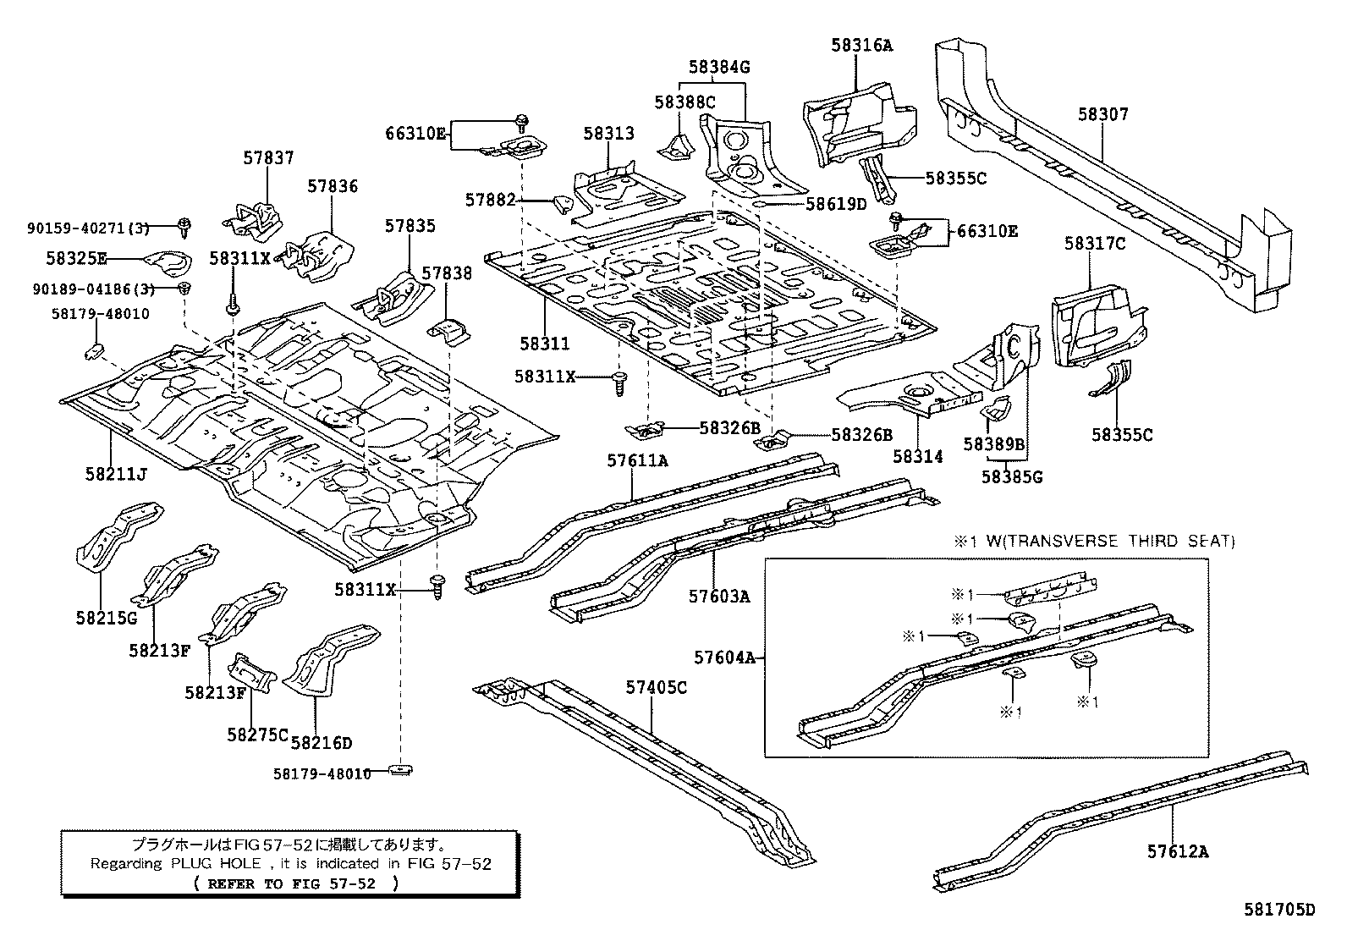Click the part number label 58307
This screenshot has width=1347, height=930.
tap(1102, 114)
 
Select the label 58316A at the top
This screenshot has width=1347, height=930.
tap(860, 46)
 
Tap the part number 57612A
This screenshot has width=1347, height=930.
tap(1178, 851)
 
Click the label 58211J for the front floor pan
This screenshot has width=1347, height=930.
tap(116, 474)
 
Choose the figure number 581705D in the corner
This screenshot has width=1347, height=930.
tap(1279, 910)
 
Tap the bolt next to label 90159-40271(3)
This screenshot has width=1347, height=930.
tap(184, 225)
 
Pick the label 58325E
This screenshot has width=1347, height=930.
tap(76, 258)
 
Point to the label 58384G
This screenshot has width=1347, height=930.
tap(718, 67)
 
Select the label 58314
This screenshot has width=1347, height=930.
tap(918, 456)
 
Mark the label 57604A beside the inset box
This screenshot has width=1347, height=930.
tap(724, 657)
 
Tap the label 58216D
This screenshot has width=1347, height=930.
tap(321, 743)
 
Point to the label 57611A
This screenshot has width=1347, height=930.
tap(637, 460)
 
